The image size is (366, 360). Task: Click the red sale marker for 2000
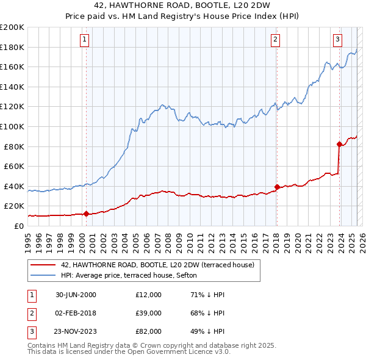[x=86, y=214]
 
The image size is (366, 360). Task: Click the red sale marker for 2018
[x=277, y=187]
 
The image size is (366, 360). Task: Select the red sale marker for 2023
[x=339, y=144]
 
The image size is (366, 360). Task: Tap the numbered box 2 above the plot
[x=275, y=40]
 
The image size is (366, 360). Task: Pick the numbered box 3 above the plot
[x=337, y=40]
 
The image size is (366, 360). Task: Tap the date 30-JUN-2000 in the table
[x=76, y=295]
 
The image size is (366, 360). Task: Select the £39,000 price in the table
[x=149, y=313]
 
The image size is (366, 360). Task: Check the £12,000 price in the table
[x=149, y=295]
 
